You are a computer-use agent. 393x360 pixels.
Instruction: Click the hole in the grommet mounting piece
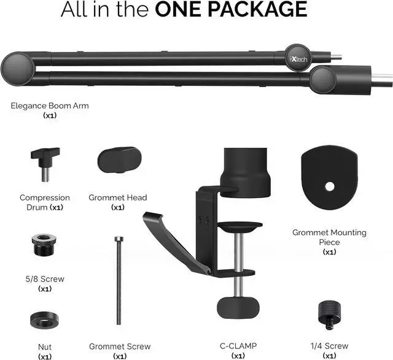[330, 186]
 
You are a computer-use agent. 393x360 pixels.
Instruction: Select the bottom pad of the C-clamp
[236, 305]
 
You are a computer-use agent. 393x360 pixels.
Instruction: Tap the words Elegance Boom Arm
[50, 105]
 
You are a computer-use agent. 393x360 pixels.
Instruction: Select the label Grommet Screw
[120, 346]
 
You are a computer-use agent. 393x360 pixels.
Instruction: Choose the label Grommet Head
[118, 197]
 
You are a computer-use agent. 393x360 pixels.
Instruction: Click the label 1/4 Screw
[330, 346]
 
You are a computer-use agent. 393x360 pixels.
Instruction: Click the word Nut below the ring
[45, 346]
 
